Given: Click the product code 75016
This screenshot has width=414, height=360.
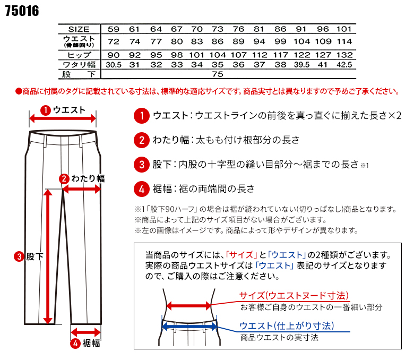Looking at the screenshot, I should (22, 11).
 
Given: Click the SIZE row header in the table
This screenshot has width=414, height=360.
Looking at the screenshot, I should (79, 29).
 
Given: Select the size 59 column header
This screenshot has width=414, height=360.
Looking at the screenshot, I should (114, 29).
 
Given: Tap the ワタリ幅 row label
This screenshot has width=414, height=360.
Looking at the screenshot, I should (79, 65).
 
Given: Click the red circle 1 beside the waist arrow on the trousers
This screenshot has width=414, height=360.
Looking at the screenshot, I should (45, 110).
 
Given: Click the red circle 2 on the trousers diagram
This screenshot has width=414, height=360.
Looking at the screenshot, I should (64, 179).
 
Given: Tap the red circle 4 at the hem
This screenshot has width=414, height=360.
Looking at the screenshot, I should (75, 343).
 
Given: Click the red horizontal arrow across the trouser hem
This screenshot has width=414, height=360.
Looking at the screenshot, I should (86, 329).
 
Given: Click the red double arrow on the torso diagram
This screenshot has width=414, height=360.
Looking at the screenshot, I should (189, 305).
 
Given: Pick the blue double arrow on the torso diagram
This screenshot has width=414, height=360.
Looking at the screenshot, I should (189, 326).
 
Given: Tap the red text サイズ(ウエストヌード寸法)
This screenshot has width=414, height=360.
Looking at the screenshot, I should (293, 295).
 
